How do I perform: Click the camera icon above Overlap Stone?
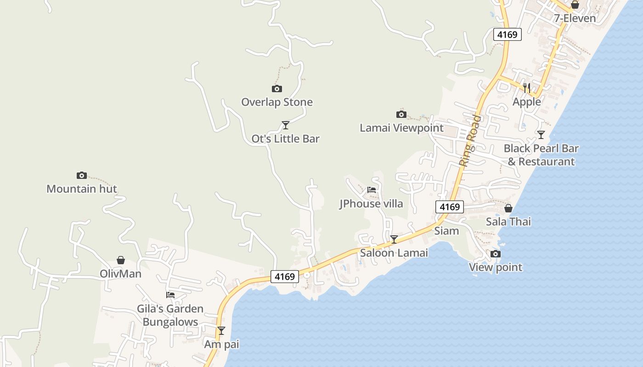click(x=277, y=89)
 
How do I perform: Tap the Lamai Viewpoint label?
click(x=401, y=128)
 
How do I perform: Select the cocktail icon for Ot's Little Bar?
click(x=286, y=125)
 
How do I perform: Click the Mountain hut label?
click(x=82, y=189)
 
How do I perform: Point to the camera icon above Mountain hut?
click(x=82, y=175)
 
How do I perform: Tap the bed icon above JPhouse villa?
click(x=372, y=189)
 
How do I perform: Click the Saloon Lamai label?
click(x=394, y=252)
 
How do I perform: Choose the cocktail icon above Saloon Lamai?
click(x=394, y=239)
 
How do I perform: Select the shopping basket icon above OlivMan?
click(x=121, y=260)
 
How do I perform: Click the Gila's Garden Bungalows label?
click(x=170, y=315)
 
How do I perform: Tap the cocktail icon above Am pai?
click(x=221, y=330)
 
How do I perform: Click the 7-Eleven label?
click(x=575, y=18)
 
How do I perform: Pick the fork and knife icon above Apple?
click(x=527, y=88)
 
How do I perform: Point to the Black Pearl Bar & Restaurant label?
click(x=541, y=155)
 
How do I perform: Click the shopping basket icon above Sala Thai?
click(x=508, y=208)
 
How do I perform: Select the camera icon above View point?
click(x=496, y=254)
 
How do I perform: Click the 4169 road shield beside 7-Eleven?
click(x=508, y=34)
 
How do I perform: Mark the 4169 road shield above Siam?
click(x=450, y=207)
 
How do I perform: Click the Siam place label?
click(x=446, y=230)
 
